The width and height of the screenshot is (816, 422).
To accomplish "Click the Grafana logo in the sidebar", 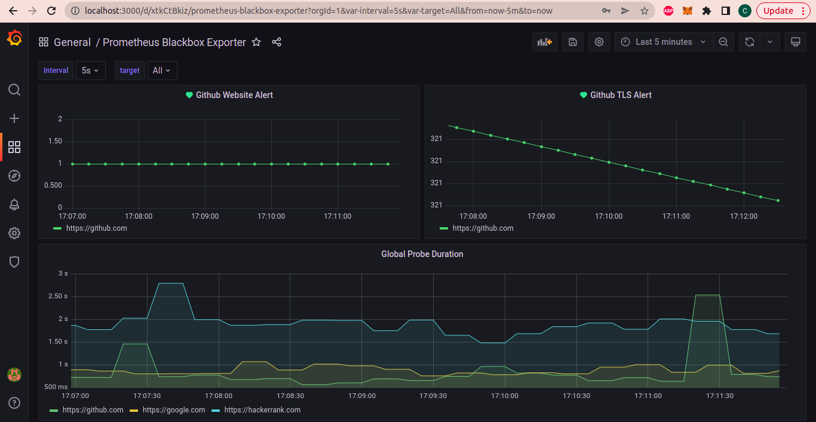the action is (x=14, y=38).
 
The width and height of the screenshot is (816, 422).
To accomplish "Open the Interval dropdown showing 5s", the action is (x=90, y=71).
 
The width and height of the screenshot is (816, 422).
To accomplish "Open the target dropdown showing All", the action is (x=162, y=71).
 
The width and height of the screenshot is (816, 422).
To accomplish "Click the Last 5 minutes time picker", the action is (x=663, y=42).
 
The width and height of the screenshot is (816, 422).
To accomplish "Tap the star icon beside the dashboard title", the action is (x=256, y=42).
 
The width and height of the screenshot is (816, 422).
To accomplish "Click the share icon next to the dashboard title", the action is (x=277, y=42).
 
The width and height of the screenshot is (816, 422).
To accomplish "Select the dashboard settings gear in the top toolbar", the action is (x=599, y=42).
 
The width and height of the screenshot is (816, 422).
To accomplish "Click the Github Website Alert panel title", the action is (x=234, y=95).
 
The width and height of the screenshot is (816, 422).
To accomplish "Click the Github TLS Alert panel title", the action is (x=621, y=95).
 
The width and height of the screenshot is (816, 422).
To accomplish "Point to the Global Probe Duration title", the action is (x=422, y=254).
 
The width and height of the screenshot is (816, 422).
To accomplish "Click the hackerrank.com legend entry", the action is (x=262, y=410).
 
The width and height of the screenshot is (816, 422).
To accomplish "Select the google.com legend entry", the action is (x=174, y=410).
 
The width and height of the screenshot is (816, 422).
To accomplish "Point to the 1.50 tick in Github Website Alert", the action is (x=55, y=141).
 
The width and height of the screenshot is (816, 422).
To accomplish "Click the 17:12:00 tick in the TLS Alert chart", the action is (x=744, y=216).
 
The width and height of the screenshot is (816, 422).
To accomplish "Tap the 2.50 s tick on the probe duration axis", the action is (x=58, y=296).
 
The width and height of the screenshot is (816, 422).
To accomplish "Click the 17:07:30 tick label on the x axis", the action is (x=147, y=396).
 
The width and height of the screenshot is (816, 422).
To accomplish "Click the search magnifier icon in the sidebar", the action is (x=14, y=90).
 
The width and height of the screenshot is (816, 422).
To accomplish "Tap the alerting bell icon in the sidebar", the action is (x=14, y=204).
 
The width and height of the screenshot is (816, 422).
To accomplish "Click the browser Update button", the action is (x=782, y=11).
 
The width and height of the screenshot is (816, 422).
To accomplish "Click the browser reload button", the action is (x=51, y=11).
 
